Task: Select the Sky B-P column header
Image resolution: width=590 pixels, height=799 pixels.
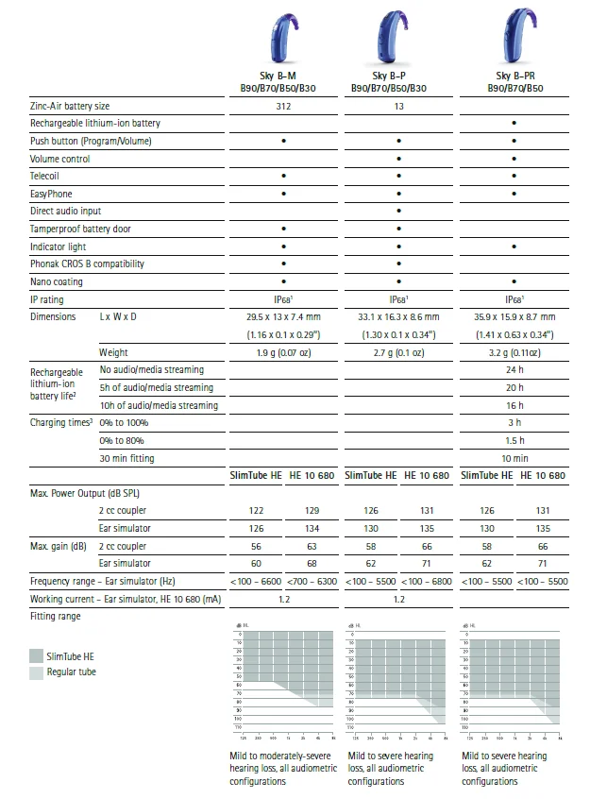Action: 397,81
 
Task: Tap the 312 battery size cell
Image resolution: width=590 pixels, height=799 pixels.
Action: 283,106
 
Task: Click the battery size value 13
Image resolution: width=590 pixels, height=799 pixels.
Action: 398,106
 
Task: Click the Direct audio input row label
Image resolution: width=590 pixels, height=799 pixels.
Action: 65,212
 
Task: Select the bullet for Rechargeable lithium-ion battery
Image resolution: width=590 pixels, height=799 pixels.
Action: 514,124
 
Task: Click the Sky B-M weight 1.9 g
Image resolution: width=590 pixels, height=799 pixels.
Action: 283,352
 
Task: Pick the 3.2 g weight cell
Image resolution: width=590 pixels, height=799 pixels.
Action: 514,352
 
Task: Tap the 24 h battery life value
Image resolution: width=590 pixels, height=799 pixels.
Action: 514,369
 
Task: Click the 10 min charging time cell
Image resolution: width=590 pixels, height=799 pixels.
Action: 514,458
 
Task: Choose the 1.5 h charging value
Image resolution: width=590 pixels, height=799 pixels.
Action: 514,440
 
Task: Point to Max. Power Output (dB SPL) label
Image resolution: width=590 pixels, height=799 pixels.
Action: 85,493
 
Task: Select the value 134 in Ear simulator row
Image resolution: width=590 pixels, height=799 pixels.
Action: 312,528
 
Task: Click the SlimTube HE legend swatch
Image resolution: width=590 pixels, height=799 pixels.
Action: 36,654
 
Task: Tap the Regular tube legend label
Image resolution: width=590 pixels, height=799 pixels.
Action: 71,671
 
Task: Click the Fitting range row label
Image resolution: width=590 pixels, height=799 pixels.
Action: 56,616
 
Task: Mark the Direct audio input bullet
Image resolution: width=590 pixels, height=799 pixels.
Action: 398,212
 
